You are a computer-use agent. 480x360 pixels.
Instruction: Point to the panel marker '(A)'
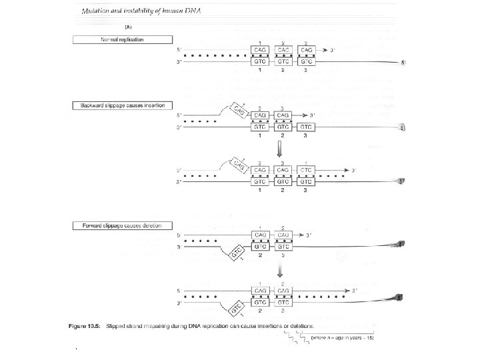pyautogui.click(x=129, y=26)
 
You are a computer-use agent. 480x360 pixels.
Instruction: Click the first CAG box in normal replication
pyautogui.click(x=260, y=50)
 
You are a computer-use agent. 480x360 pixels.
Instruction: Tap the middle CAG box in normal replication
pyautogui.click(x=283, y=50)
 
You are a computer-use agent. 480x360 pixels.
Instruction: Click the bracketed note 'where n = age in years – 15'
pyautogui.click(x=345, y=339)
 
